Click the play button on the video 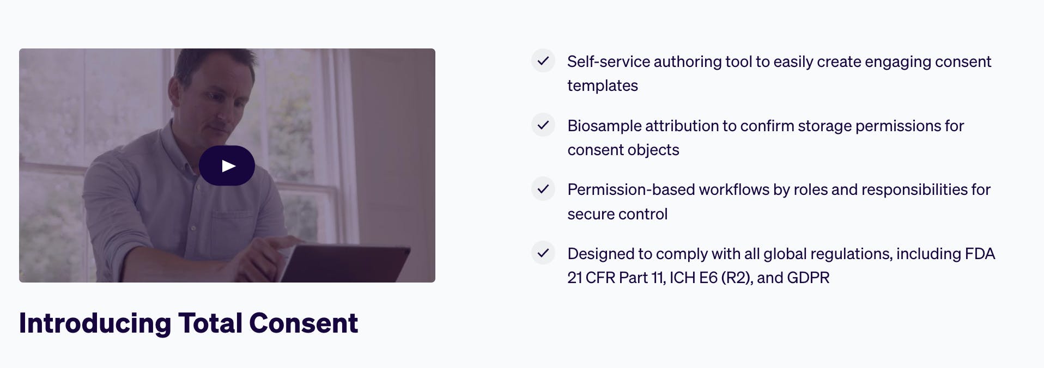click(227, 165)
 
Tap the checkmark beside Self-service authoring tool click(543, 60)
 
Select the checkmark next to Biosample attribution click(543, 125)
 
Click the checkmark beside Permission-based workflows click(543, 189)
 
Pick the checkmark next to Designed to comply click(543, 253)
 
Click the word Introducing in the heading click(95, 323)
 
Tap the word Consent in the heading click(304, 323)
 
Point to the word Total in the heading click(210, 323)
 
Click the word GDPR click(808, 278)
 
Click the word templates click(603, 86)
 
